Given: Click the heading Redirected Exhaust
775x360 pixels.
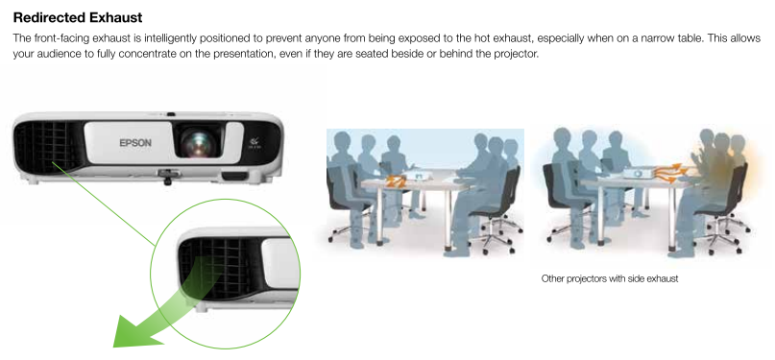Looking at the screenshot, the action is point(78,18).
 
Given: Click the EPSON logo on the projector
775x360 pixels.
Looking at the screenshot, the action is point(135,143).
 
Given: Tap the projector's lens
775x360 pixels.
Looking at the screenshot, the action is point(198,142).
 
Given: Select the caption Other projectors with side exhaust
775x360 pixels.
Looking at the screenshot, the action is point(610,278).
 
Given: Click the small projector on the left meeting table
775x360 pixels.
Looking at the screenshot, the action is point(415,176).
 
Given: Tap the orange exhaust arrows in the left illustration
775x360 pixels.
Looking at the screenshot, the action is point(395,180).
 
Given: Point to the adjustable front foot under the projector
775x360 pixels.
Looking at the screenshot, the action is point(167,177).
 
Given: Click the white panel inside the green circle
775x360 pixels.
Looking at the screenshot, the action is point(279,264).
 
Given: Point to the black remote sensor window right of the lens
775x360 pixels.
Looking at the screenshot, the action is point(234,176).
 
